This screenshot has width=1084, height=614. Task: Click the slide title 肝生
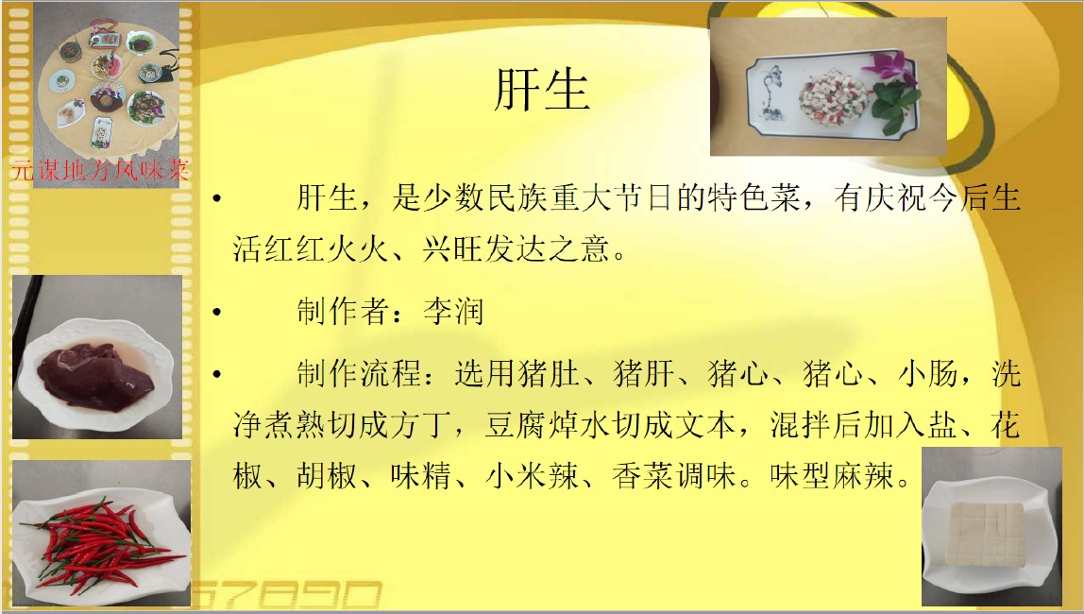point(542,89)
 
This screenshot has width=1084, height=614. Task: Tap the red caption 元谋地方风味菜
point(100,170)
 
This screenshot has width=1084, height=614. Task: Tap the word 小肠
point(928,374)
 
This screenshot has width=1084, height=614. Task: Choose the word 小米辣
point(533,476)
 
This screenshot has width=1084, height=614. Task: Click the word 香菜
point(642,476)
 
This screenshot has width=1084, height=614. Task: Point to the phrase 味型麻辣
point(832,476)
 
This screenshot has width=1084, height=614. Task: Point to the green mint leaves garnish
point(894,106)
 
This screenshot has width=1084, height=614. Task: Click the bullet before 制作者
point(217,312)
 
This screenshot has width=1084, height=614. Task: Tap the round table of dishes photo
point(106,83)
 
